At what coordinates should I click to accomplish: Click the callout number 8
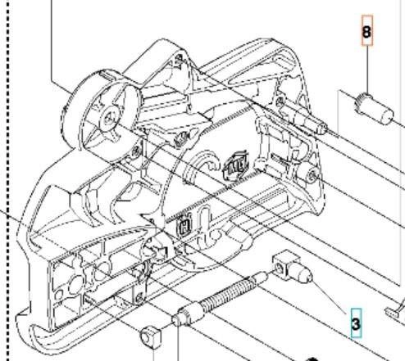[367, 32]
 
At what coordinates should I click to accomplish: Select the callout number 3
[356, 323]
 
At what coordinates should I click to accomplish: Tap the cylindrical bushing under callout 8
[374, 109]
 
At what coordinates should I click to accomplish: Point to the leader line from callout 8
[367, 70]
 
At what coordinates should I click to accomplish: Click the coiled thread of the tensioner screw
[229, 294]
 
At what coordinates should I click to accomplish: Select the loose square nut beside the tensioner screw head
[151, 337]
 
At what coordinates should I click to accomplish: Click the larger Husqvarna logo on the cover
[236, 166]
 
